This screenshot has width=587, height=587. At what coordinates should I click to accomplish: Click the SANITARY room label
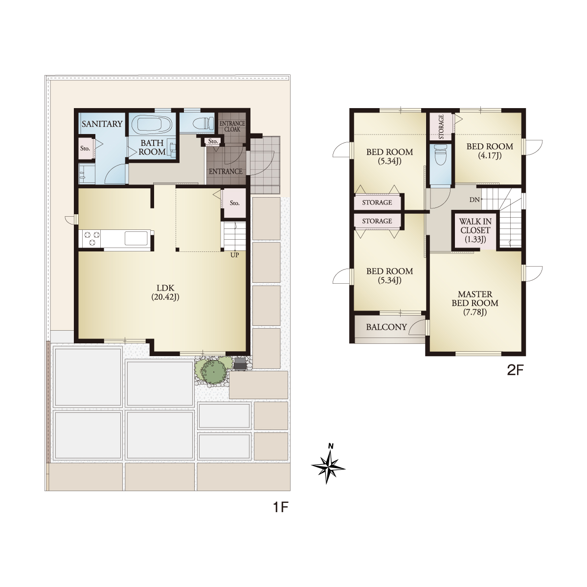(102, 124)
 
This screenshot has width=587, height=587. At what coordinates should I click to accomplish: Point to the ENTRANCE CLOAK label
(232, 126)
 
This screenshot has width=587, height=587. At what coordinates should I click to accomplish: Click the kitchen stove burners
(92, 239)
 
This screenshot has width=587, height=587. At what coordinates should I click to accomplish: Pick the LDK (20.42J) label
(165, 293)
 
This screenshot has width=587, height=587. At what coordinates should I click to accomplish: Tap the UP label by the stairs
(235, 255)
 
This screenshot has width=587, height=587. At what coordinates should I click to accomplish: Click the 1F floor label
(280, 507)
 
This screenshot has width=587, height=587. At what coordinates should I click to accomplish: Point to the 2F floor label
(515, 370)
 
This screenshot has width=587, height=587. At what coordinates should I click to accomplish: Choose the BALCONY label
(386, 327)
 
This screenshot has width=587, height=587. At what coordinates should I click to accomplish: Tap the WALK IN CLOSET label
(475, 230)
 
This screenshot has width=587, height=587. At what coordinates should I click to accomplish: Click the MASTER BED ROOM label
(475, 303)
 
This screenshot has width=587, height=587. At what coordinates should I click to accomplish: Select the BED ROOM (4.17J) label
(490, 151)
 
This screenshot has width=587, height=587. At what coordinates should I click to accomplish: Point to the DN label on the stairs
(474, 200)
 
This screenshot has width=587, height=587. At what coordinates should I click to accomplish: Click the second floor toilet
(440, 155)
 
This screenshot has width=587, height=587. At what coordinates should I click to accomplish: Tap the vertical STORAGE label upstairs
(441, 127)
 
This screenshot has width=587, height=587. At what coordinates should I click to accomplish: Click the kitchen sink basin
(136, 238)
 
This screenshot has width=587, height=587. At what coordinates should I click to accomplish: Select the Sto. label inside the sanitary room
(85, 148)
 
